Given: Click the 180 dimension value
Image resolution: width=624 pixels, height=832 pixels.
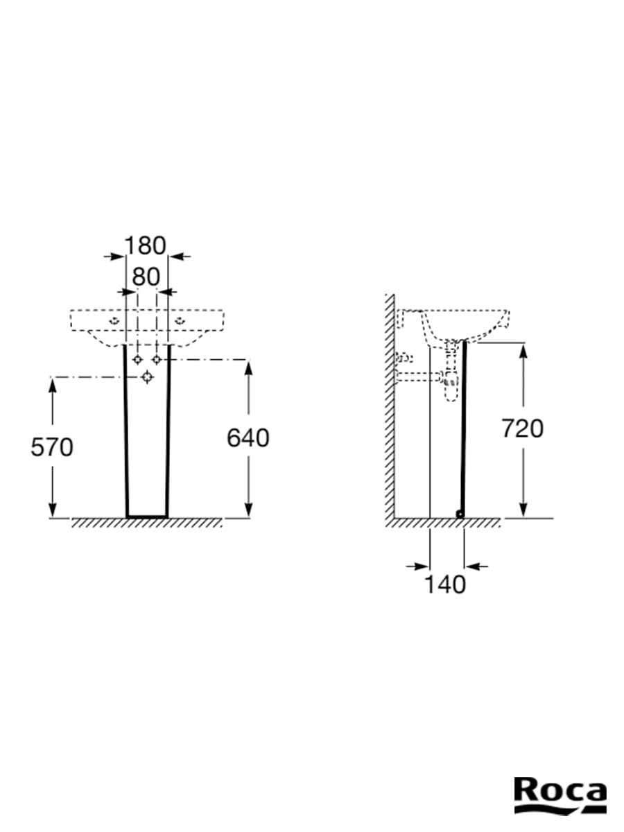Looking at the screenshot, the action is tap(145, 245).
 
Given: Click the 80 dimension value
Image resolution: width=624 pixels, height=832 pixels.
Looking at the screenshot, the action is tap(146, 277).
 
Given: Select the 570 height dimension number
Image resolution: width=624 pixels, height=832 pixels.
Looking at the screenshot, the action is tap(52, 447).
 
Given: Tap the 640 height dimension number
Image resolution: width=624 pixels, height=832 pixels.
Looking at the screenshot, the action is tap(248, 437).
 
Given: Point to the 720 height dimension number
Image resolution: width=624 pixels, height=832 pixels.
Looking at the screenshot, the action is tap(523, 428).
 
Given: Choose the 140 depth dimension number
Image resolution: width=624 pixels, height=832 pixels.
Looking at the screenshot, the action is tap(445, 584).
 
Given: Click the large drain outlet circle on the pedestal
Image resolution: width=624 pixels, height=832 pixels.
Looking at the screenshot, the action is tap(148, 377).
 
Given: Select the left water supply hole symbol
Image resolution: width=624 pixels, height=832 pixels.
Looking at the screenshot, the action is tap(137, 359).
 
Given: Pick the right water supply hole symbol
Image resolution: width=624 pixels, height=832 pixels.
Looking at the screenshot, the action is tap(157, 359).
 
